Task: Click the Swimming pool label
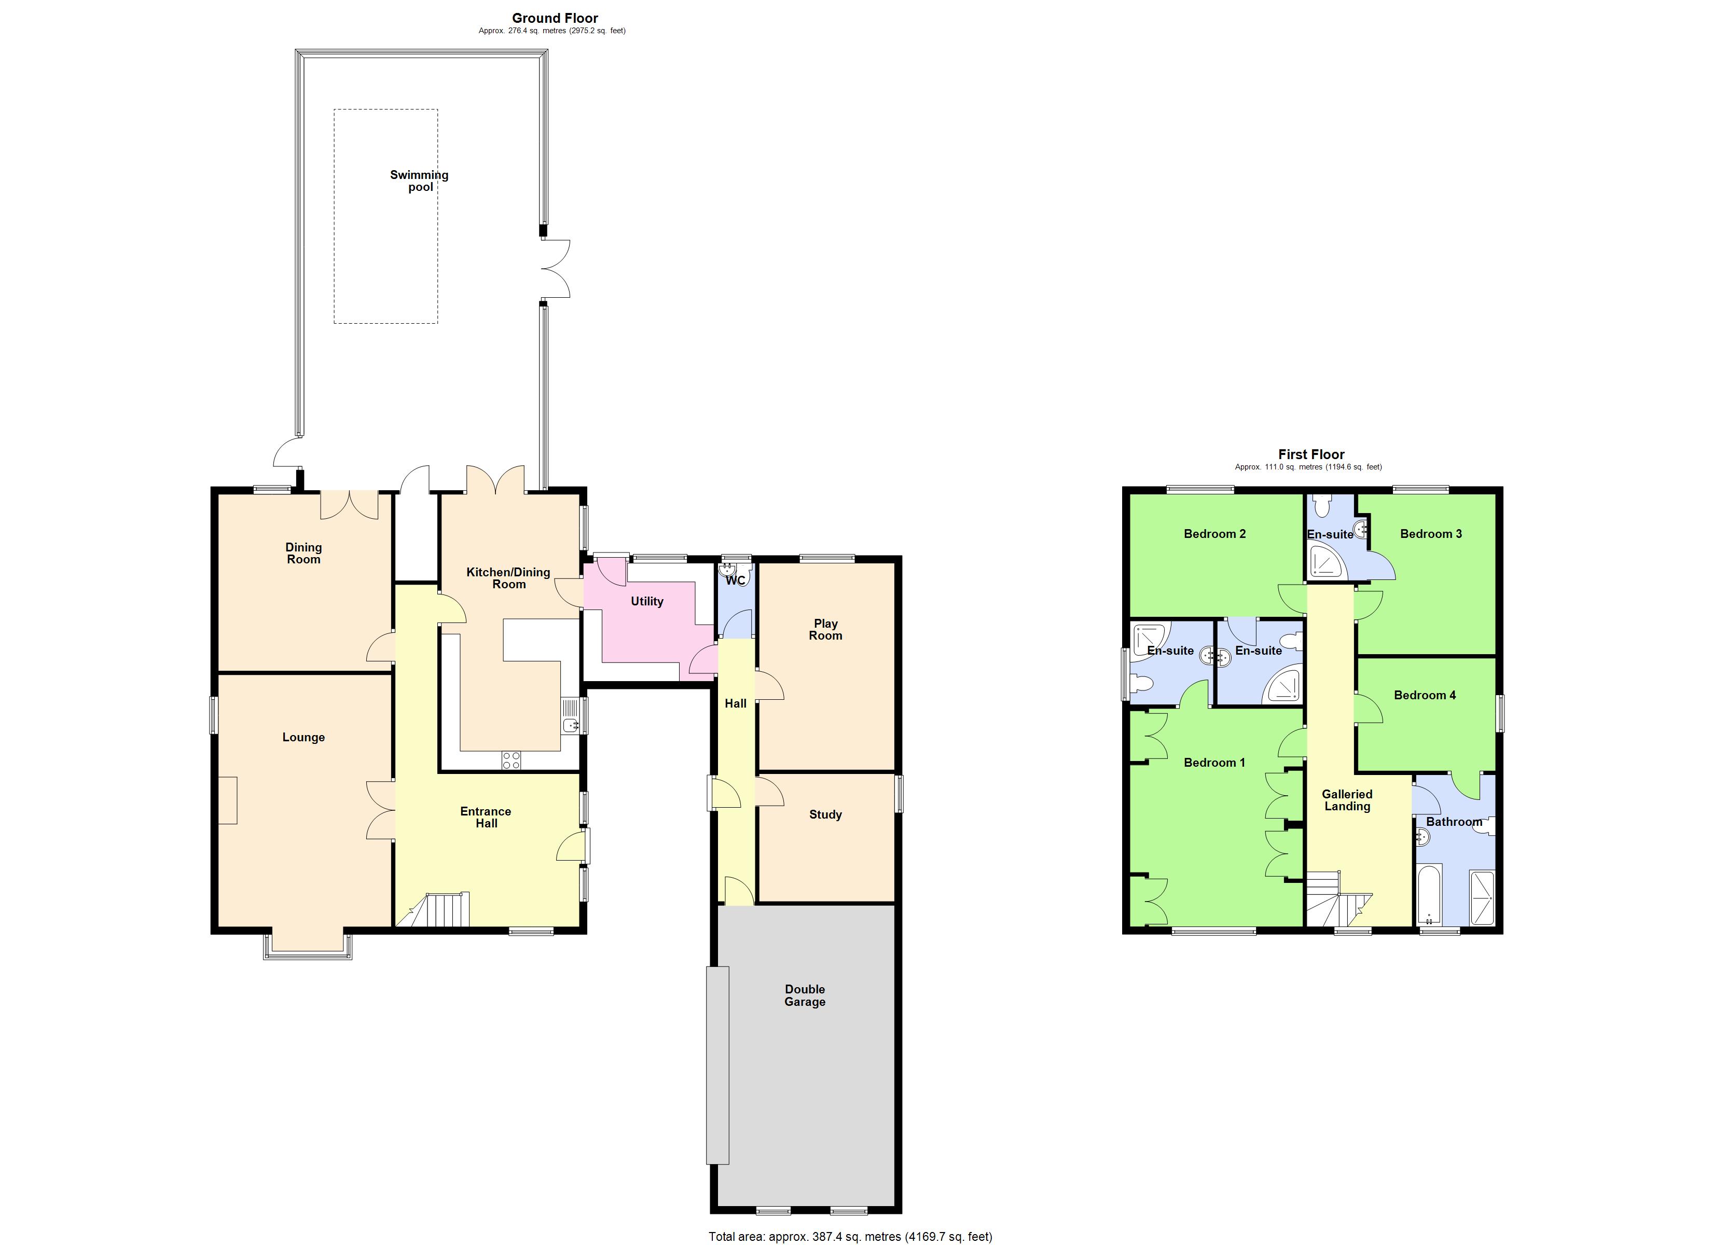[x=419, y=181]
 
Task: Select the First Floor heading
[x=1310, y=454]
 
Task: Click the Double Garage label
[x=805, y=995]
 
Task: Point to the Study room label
[x=825, y=814]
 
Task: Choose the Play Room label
[x=825, y=629]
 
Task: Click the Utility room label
[x=647, y=601]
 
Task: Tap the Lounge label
[x=303, y=737]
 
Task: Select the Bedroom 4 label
[x=1425, y=695]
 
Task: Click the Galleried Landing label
[x=1347, y=799]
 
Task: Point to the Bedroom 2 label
[x=1214, y=534]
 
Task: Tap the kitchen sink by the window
[x=570, y=716]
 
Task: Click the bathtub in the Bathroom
[x=1429, y=895]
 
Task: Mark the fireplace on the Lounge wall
[x=228, y=800]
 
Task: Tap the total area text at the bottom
[x=850, y=1236]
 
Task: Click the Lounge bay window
[x=307, y=946]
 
